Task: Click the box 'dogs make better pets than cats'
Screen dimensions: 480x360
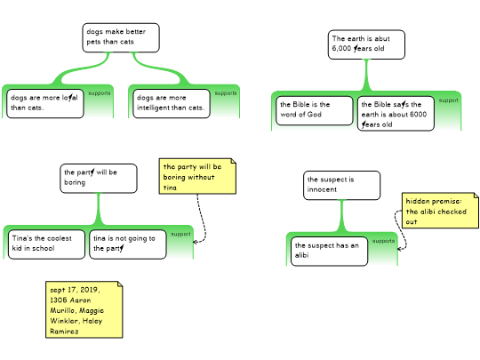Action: pyautogui.click(x=121, y=37)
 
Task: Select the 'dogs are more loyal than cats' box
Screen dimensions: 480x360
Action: pyautogui.click(x=45, y=103)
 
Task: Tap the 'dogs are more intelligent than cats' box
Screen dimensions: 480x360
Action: pyautogui.click(x=172, y=103)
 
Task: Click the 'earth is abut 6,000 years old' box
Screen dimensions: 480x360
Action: pyautogui.click(x=366, y=44)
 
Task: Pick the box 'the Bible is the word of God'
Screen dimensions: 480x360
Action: pyautogui.click(x=315, y=110)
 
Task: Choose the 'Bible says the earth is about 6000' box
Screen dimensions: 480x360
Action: pyautogui.click(x=396, y=114)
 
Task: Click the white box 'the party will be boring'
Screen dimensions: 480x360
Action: pyautogui.click(x=99, y=179)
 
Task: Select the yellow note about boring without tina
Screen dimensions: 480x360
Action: pyautogui.click(x=197, y=176)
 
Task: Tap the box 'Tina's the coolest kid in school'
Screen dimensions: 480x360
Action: pyautogui.click(x=46, y=244)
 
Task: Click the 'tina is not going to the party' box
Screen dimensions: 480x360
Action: pyautogui.click(x=128, y=244)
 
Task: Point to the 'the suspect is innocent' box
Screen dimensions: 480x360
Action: pyautogui.click(x=342, y=185)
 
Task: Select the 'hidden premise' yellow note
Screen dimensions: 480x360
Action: pyautogui.click(x=440, y=211)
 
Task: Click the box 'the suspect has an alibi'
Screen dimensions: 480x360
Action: pyautogui.click(x=329, y=251)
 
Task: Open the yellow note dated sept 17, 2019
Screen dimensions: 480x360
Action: pyautogui.click(x=84, y=309)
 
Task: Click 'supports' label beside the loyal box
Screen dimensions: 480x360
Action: pyautogui.click(x=100, y=93)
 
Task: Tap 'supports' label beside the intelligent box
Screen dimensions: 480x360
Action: pyautogui.click(x=226, y=93)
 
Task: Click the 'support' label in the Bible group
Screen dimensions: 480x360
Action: pyautogui.click(x=449, y=100)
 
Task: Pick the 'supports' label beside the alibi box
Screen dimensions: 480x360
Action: pyautogui.click(x=383, y=241)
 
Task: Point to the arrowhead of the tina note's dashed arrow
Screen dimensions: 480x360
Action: pyautogui.click(x=194, y=242)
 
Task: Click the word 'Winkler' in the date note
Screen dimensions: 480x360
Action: pyautogui.click(x=65, y=321)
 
